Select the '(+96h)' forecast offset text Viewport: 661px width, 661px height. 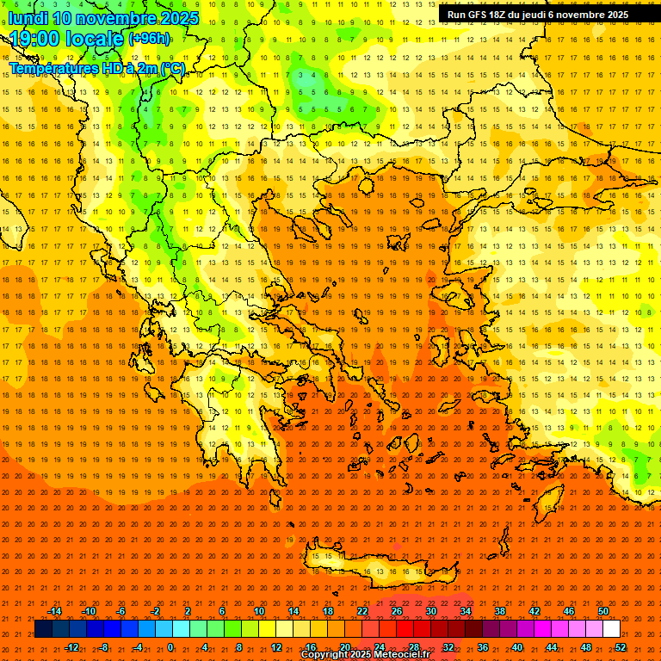point(149,39)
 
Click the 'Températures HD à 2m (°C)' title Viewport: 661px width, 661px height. point(96,68)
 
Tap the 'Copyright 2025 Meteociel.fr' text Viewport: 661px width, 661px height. point(365,655)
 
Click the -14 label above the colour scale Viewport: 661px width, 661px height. point(54,611)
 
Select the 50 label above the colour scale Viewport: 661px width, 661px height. point(603,611)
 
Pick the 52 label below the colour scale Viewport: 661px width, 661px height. point(621,646)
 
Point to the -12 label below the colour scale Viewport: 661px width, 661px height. point(71,646)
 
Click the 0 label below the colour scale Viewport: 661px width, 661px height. point(170,646)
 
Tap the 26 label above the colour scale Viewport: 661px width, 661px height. point(397,611)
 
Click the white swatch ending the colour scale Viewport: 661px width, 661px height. point(612,629)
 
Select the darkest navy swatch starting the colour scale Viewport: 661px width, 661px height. point(43,629)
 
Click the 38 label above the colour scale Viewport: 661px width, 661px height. point(500,611)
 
